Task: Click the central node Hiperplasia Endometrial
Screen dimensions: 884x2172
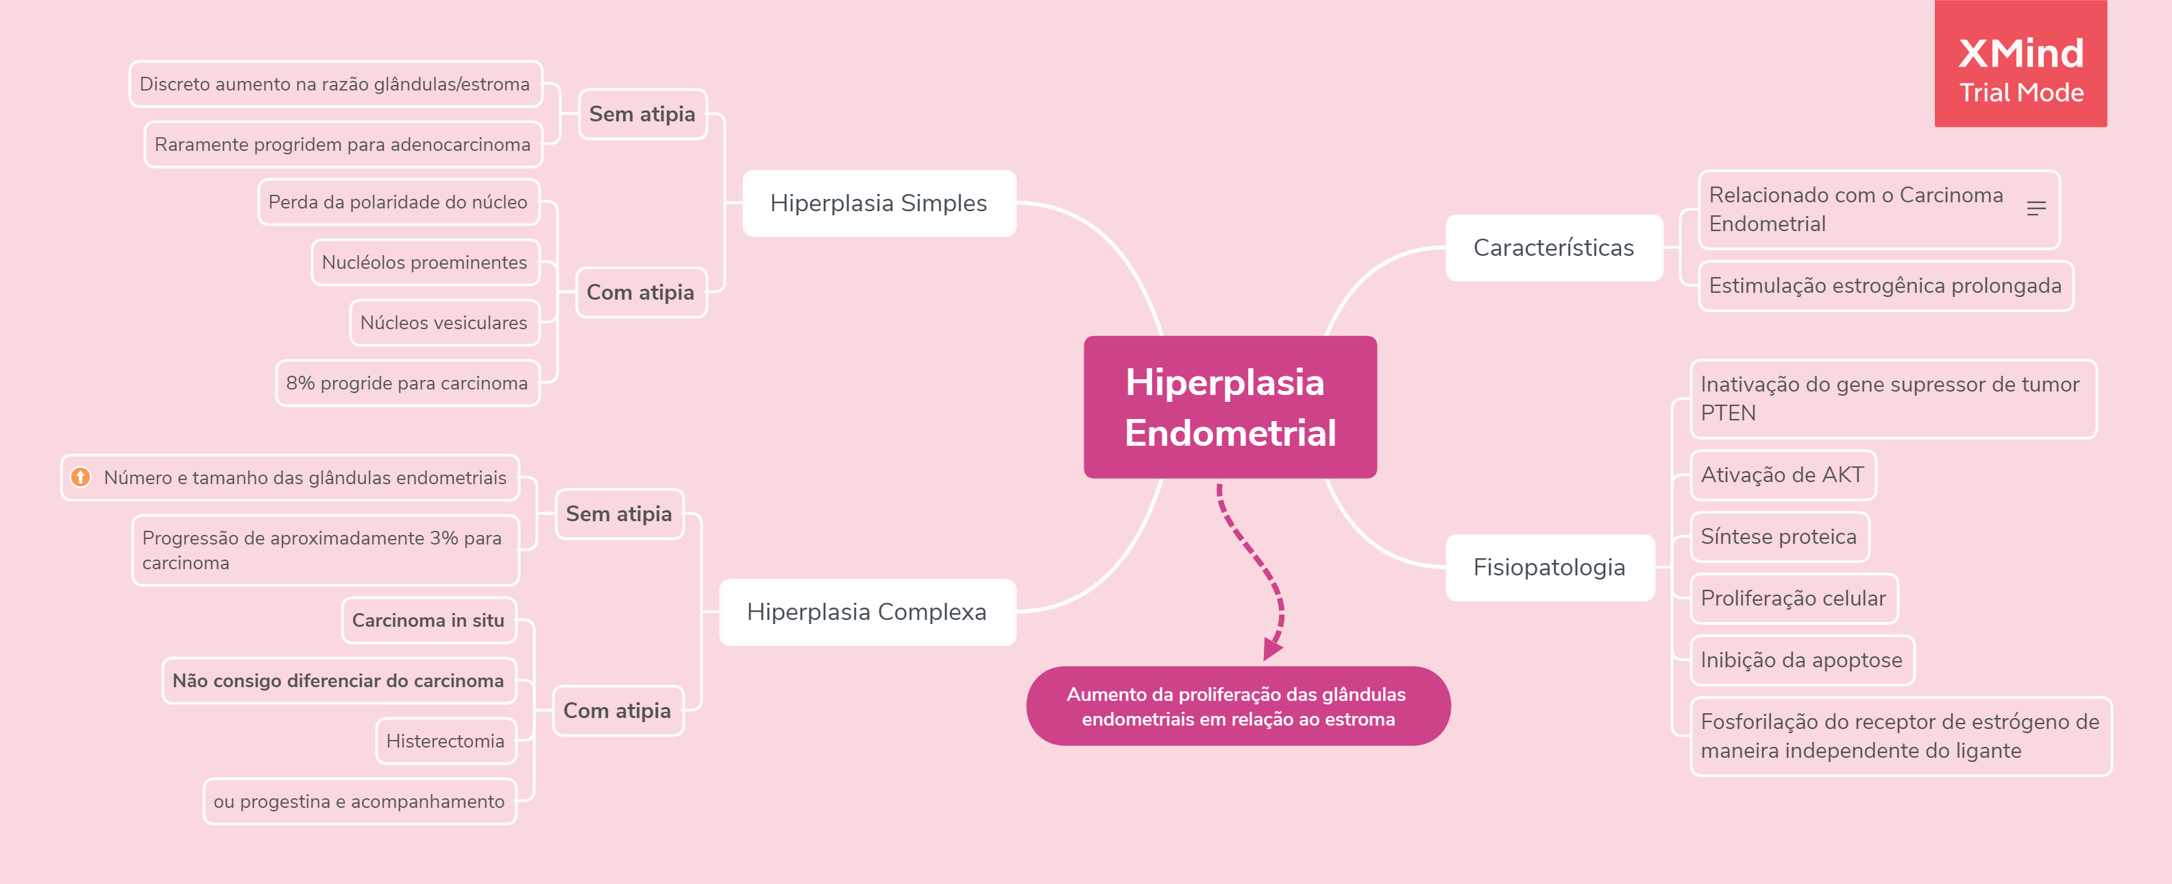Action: [x=1230, y=407]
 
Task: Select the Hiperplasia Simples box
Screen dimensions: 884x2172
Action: [x=879, y=203]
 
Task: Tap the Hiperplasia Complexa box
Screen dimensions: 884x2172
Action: [x=867, y=612]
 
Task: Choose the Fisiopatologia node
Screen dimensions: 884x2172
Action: [x=1549, y=568]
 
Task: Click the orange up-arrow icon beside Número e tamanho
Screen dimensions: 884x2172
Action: [x=81, y=477]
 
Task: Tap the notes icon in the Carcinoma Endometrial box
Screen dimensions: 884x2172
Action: [x=2036, y=208]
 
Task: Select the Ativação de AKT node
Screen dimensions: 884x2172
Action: [x=1783, y=475]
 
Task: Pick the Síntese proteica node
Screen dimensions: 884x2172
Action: [x=1779, y=536]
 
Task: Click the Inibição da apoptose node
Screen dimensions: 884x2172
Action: [x=1802, y=660]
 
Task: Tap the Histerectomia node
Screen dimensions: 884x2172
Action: [x=446, y=741]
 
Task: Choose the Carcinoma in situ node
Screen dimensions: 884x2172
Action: [x=428, y=621]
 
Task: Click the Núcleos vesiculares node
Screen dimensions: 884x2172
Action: [x=443, y=323]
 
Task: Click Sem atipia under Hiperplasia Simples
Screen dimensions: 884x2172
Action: [x=642, y=115]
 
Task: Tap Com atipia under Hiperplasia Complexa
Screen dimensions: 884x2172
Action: [x=618, y=711]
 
